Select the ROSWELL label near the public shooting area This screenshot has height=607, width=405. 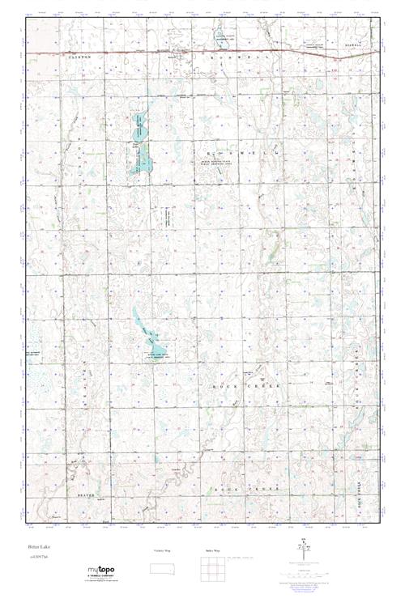coord(234,151)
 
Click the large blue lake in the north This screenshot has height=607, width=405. coord(140,146)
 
